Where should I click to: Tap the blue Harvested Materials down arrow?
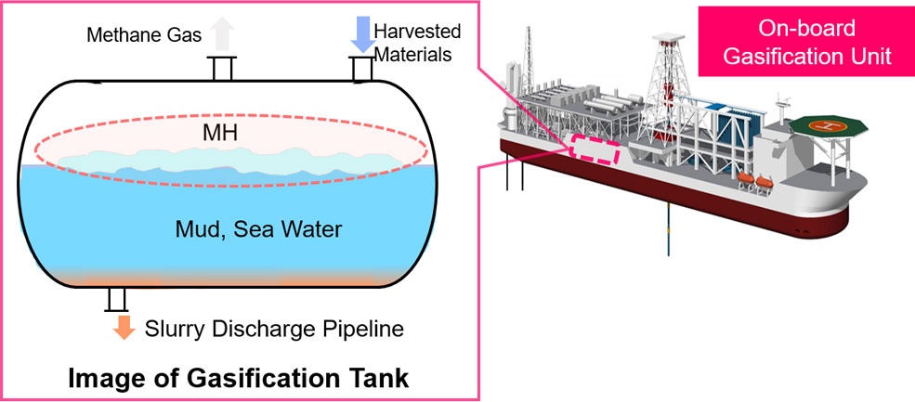pyautogui.click(x=360, y=35)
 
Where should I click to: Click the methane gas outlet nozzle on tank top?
pyautogui.click(x=221, y=69)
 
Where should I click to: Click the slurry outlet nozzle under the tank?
pyautogui.click(x=117, y=299)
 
